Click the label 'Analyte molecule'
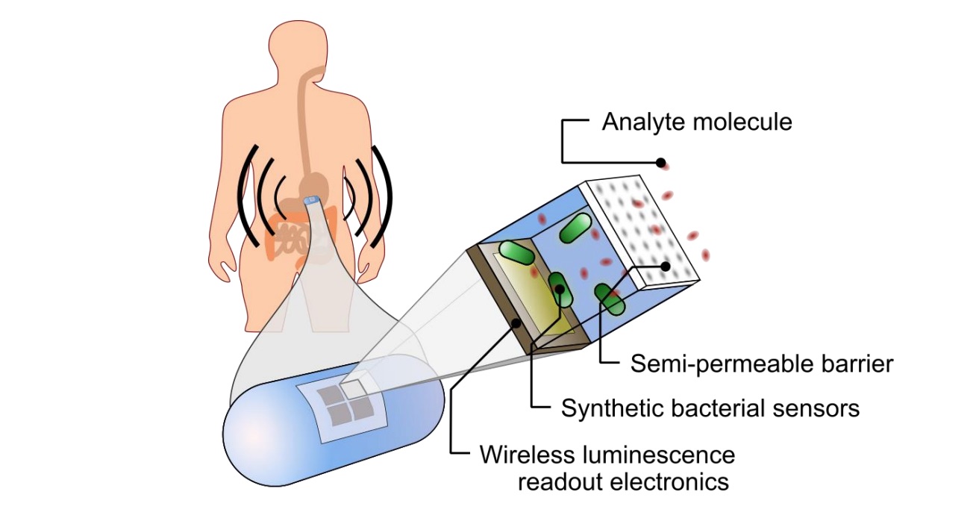[697, 121]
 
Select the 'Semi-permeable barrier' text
[762, 364]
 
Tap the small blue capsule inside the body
[313, 201]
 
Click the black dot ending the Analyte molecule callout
[661, 162]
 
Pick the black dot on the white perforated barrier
[666, 266]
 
